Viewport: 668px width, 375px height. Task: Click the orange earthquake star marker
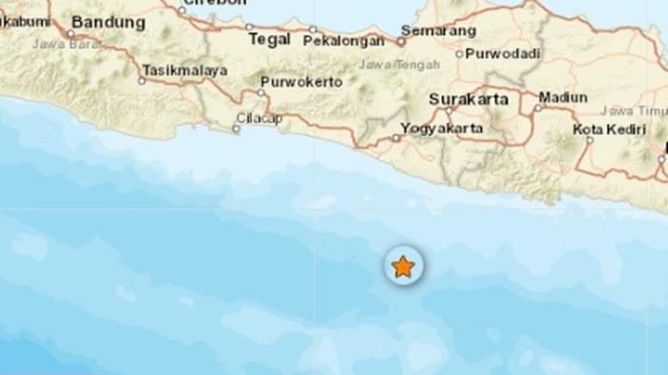click(404, 266)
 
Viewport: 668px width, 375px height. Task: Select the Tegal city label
click(269, 39)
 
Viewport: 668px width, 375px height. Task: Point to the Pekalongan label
click(344, 41)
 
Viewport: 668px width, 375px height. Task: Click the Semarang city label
click(440, 31)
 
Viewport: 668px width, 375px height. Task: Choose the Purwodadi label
click(495, 53)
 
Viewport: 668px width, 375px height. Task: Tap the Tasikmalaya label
click(185, 71)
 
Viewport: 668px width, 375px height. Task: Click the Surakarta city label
click(469, 98)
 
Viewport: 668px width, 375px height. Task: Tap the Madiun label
click(562, 97)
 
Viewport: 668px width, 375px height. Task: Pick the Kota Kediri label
click(608, 128)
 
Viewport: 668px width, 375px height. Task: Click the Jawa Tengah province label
click(400, 65)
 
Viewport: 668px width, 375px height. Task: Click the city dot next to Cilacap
click(237, 128)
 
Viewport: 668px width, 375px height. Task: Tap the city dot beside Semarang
click(402, 42)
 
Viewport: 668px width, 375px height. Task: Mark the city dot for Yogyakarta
click(396, 138)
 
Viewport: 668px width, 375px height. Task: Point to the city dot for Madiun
click(537, 108)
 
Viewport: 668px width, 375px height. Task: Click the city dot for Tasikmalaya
click(142, 81)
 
